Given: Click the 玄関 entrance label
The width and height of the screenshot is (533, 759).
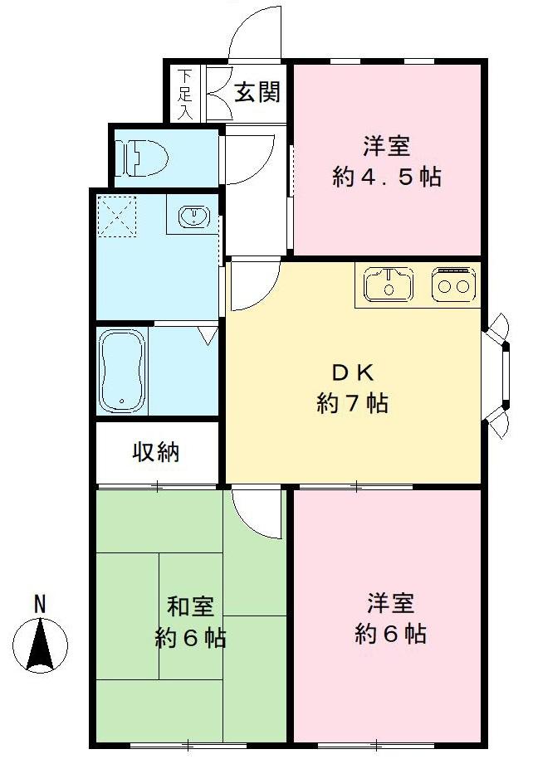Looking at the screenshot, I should coord(257,92).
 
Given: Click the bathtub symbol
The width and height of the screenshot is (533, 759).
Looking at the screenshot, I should coord(121,370).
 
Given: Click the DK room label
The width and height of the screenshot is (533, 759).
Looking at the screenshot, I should coord(352,371).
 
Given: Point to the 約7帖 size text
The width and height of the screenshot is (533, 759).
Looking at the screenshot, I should coord(352,404).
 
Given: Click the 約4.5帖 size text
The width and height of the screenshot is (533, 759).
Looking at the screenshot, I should coord(386,178).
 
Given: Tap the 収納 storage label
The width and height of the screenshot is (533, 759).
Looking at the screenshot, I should coord(156,453).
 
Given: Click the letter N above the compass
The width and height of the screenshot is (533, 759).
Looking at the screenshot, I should coord(39,605).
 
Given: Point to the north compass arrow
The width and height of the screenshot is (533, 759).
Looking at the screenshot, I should coord(40,645).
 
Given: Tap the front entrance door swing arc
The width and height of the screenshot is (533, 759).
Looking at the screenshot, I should coord(254,33).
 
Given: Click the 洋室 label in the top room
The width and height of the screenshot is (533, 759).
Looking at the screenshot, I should coord(386,147).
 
